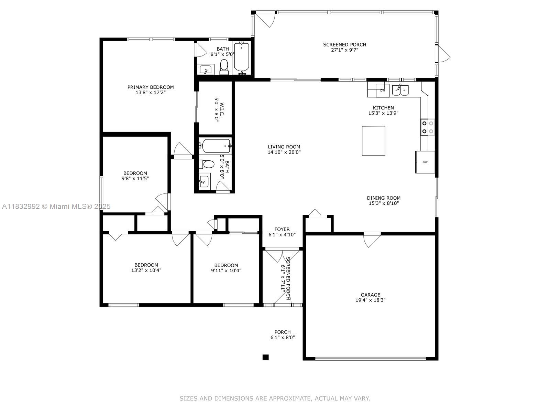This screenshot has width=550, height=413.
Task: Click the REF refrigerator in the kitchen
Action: click(x=425, y=162)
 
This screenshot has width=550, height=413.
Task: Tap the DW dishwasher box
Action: click(x=382, y=91)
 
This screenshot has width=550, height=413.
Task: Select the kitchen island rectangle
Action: click(x=373, y=141)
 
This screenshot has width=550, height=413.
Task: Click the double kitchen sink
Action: click(x=400, y=90)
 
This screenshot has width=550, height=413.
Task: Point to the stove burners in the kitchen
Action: click(x=428, y=127)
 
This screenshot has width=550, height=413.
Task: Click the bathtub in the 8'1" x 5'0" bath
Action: click(x=242, y=57)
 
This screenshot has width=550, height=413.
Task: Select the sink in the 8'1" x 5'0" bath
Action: click(x=206, y=69)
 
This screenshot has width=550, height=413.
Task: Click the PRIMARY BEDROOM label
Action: click(x=151, y=87)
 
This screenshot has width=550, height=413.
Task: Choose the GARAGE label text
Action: click(x=370, y=295)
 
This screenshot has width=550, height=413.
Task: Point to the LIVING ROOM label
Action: click(x=284, y=147)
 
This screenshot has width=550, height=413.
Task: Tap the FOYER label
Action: click(x=282, y=229)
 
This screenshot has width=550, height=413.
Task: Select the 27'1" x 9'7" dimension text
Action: click(x=344, y=50)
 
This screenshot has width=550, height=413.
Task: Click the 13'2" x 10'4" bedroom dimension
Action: click(x=146, y=270)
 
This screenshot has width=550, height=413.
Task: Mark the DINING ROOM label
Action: click(x=384, y=198)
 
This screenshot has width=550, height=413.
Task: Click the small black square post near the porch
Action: click(x=266, y=357)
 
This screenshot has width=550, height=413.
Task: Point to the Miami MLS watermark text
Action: click(x=56, y=206)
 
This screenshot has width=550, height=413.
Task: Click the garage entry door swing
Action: click(x=372, y=240)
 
